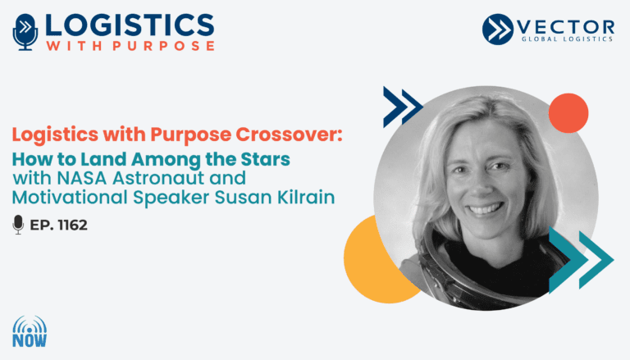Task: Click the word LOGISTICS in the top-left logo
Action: click(130, 25)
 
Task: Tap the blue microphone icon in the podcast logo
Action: click(25, 32)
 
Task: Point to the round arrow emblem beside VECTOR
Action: click(498, 29)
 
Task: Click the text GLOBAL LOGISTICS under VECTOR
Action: click(567, 39)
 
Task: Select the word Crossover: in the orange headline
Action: click(289, 134)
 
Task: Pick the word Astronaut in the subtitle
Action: click(158, 178)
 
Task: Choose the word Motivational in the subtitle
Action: click(70, 198)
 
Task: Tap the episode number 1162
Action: click(73, 225)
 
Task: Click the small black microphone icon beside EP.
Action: click(18, 225)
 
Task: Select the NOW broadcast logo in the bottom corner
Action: click(30, 331)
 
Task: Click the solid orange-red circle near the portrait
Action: click(568, 113)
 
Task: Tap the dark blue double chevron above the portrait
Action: click(403, 107)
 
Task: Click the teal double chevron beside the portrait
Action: click(581, 260)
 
